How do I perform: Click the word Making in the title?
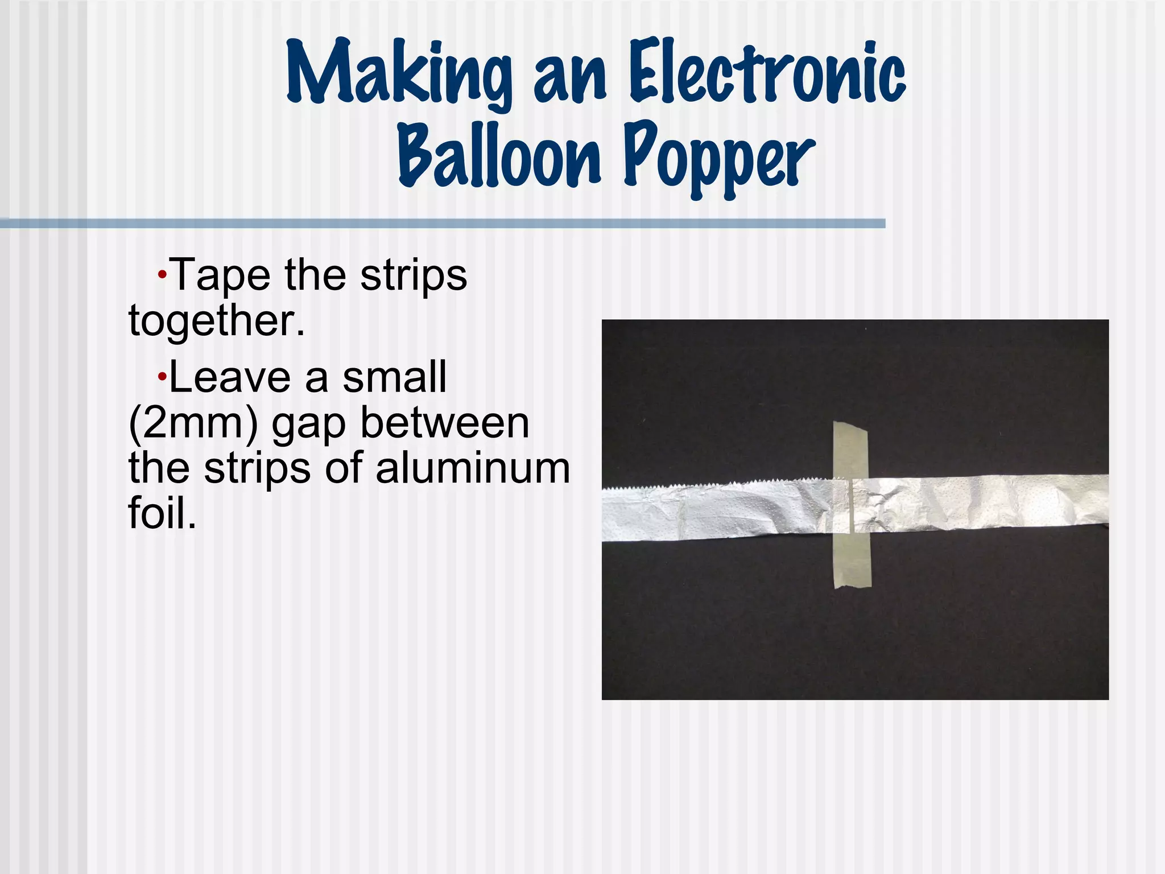coord(398,74)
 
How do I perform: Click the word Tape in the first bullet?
coord(220,275)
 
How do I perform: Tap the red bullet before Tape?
coord(162,275)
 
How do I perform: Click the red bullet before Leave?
coord(162,377)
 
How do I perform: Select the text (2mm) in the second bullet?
coord(193,424)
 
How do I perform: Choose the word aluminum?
coord(472,469)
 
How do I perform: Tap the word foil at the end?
coord(162,513)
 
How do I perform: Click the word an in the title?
coord(569,77)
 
